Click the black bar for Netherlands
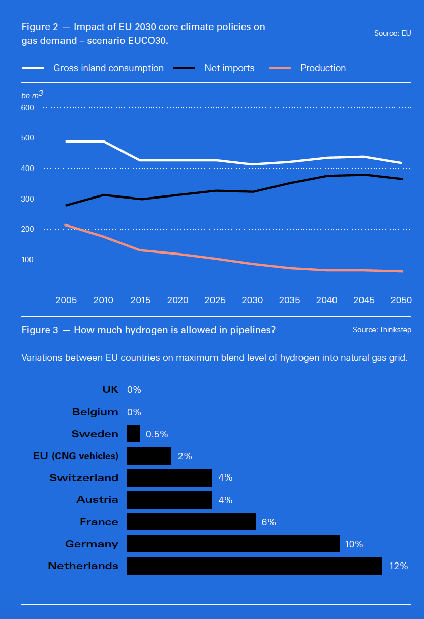tap(254, 566)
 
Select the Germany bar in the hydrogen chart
tap(233, 544)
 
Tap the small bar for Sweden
tap(133, 434)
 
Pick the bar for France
tap(191, 522)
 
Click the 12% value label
tap(399, 566)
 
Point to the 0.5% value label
tap(157, 434)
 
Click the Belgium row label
tap(95, 412)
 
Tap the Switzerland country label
tap(84, 477)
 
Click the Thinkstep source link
tap(395, 330)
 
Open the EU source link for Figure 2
tap(406, 33)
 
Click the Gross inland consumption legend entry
tap(108, 68)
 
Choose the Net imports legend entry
tap(229, 68)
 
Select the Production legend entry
tap(323, 68)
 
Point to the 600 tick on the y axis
tap(27, 108)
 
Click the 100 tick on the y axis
tap(27, 260)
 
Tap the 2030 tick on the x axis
tap(252, 300)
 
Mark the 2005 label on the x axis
tap(66, 300)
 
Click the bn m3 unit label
tap(32, 95)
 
